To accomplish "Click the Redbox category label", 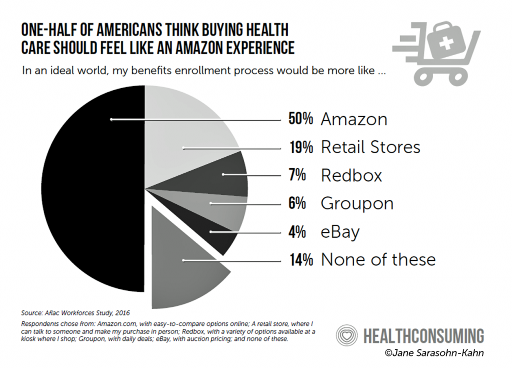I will tap(351, 175).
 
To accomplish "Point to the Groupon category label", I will tap(357, 204).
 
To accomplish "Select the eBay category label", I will tap(340, 232).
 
